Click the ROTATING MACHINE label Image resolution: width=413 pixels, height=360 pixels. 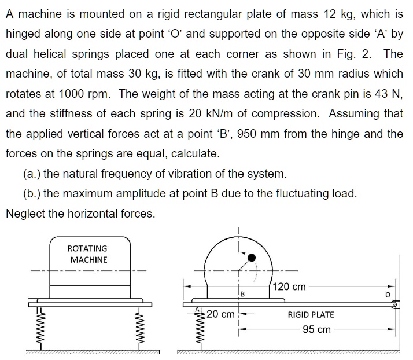pos(88,254)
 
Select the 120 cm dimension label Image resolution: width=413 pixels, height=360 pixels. pos(289,286)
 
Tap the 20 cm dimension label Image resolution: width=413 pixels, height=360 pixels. pos(220,315)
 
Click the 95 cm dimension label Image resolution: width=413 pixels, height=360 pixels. pos(316,329)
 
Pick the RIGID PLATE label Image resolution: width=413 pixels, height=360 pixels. pos(311,315)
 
